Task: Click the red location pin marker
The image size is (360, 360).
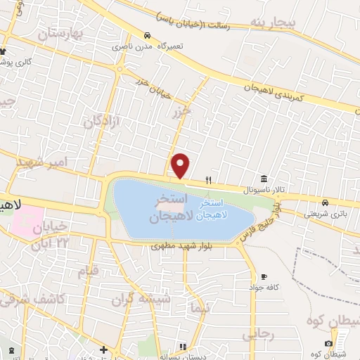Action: click(x=181, y=165)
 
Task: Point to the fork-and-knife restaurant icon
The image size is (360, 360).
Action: click(x=208, y=180)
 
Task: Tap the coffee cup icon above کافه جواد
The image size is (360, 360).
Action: click(x=264, y=276)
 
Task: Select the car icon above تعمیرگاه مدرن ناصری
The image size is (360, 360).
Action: click(x=146, y=35)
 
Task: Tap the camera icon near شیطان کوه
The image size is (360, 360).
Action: click(x=340, y=343)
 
